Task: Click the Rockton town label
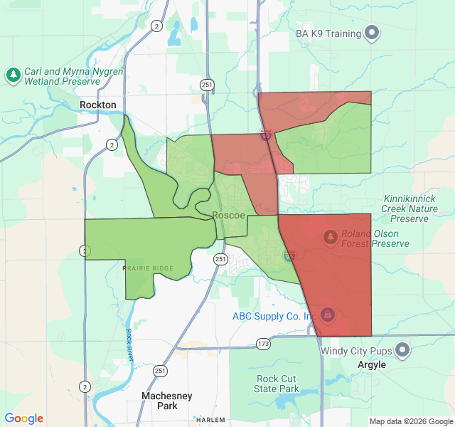(x=98, y=105)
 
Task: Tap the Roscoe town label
(x=229, y=215)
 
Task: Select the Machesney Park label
(x=159, y=401)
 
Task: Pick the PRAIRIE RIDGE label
(x=148, y=268)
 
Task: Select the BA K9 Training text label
(x=328, y=33)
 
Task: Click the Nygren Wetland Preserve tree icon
(x=13, y=74)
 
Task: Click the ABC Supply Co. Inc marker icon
(x=327, y=313)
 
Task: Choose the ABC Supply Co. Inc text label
(x=273, y=316)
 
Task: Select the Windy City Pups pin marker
(x=402, y=349)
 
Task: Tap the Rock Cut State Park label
(x=277, y=384)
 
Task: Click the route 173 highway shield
(x=264, y=344)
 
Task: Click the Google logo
(x=24, y=418)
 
